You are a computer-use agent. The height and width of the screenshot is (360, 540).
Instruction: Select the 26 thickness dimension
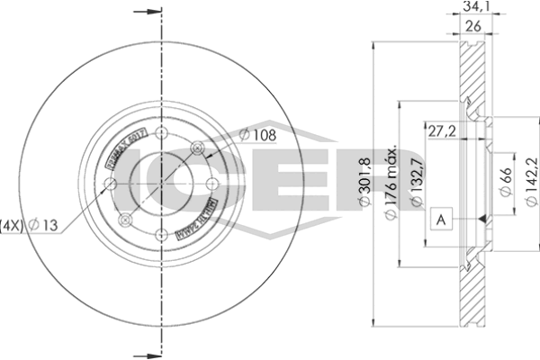470,27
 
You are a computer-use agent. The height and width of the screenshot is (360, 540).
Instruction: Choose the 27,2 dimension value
441,131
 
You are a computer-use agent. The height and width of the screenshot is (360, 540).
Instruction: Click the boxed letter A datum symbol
441,219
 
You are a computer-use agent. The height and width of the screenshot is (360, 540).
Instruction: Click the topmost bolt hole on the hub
162,134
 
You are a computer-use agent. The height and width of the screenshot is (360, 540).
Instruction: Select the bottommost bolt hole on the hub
162,235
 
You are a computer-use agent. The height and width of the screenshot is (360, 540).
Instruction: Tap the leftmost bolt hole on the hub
111,184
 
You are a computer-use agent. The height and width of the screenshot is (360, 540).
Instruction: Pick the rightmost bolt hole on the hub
213,184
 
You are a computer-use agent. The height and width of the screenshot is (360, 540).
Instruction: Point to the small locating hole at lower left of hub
126,220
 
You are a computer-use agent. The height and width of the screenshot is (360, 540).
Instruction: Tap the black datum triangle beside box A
482,219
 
